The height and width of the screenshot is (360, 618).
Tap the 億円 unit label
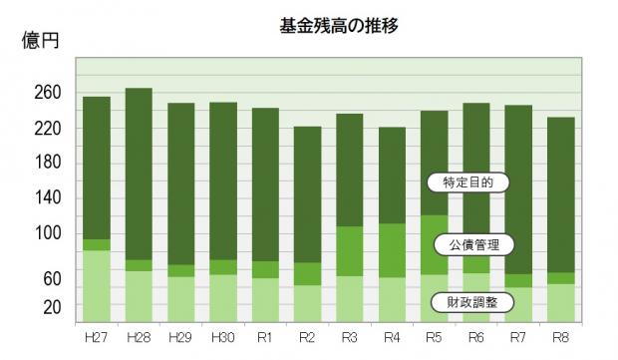[x=43, y=42]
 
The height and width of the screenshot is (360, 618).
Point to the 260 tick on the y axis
[x=49, y=93]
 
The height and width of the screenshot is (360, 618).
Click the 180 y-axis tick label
[x=49, y=163]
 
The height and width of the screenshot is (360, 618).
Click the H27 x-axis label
[x=96, y=336]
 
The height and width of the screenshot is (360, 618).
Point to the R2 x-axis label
[x=307, y=336]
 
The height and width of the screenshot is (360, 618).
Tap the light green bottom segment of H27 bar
[x=96, y=286]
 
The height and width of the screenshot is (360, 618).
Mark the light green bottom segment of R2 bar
[x=307, y=303]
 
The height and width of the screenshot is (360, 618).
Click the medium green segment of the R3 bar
[x=350, y=251]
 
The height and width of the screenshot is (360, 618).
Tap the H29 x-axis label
[x=180, y=336]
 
